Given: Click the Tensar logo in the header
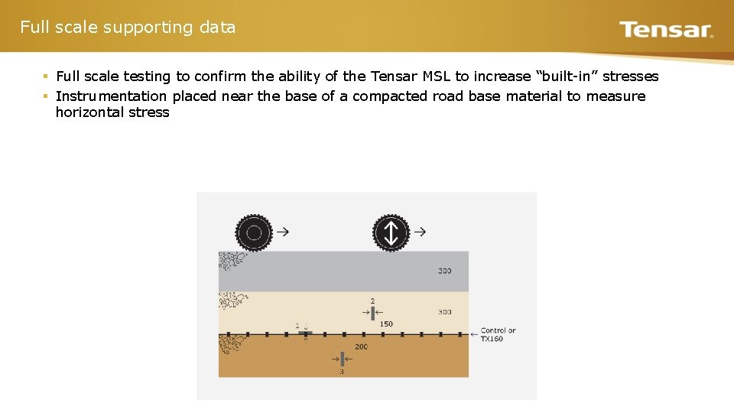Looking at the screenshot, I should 665,30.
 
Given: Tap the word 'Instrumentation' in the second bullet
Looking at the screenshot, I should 111,96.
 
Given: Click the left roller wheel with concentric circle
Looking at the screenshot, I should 254,233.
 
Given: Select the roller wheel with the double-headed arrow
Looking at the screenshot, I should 391,233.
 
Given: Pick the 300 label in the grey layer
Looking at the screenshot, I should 445,271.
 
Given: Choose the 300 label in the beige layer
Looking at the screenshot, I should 445,312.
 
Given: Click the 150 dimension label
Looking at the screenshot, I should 386,324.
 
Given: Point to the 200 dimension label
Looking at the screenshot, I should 361,346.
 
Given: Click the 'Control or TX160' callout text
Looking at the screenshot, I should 498,334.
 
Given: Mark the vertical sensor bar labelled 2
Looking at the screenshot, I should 372,312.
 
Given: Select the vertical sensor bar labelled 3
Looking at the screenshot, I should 342,358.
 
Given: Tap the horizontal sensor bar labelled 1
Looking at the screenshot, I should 305,334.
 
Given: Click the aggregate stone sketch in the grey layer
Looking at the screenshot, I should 229,262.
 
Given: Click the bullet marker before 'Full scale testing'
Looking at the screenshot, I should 46,76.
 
